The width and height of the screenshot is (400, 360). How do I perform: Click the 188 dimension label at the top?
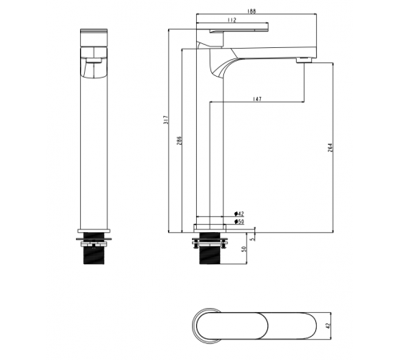[251, 11]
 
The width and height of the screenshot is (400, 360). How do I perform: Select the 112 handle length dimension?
[232, 20]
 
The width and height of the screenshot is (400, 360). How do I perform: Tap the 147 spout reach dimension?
[257, 99]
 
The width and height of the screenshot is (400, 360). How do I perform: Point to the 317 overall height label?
[166, 120]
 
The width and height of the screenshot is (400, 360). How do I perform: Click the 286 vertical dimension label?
[179, 141]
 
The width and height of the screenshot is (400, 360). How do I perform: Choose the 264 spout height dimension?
[330, 147]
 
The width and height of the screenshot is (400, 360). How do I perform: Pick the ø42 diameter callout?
[239, 214]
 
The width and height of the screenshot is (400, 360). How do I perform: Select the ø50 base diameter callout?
[239, 222]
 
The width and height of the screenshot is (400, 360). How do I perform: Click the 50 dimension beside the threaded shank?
[243, 249]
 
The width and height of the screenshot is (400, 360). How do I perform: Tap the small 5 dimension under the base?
[253, 239]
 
